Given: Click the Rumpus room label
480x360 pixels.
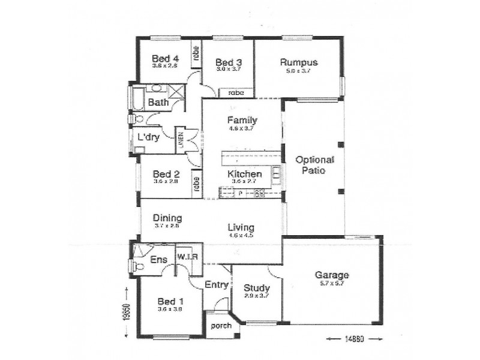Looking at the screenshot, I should click(298, 62).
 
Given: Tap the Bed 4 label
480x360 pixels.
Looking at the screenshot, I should click(165, 58).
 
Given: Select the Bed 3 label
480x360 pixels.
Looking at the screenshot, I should click(228, 62).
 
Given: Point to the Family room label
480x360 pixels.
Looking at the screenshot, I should click(242, 120).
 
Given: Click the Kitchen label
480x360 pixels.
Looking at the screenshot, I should click(245, 174).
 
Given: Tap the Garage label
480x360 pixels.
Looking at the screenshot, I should click(332, 275).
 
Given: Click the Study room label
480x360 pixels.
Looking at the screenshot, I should click(256, 288).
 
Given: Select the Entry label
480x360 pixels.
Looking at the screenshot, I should click(216, 284).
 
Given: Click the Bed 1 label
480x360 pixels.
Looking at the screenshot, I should click(167, 301).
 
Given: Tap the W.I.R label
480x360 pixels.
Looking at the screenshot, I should click(188, 257).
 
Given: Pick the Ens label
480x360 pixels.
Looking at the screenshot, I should click(158, 259).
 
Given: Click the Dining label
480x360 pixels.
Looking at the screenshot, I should click(167, 218).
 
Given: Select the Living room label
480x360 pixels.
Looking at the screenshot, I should click(241, 227).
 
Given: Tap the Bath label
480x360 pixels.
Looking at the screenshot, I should click(158, 103).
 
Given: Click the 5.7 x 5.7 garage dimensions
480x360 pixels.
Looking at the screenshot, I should click(332, 284).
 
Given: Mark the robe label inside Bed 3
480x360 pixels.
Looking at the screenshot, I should click(235, 93).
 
